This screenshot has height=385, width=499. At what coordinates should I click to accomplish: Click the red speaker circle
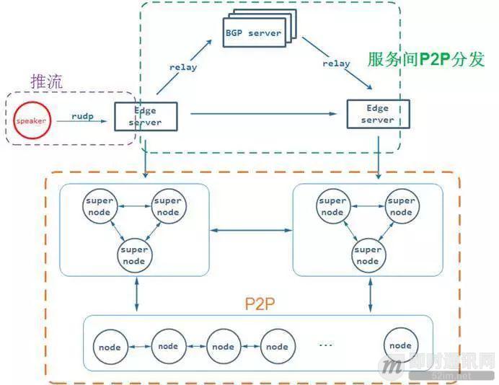click(x=31, y=120)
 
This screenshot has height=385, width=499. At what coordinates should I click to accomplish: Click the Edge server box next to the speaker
click(x=145, y=116)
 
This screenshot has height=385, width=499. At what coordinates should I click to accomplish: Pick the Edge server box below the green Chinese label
click(x=378, y=114)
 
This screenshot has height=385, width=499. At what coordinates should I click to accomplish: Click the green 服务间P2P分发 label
click(x=421, y=58)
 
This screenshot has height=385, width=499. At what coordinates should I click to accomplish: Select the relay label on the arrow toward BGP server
click(x=183, y=67)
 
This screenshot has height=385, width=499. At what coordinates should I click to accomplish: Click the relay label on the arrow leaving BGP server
click(x=336, y=63)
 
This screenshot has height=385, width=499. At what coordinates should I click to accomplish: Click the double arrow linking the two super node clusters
click(x=250, y=231)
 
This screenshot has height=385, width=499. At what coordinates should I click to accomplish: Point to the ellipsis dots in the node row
click(x=326, y=345)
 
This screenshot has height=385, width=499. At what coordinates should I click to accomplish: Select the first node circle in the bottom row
click(x=110, y=347)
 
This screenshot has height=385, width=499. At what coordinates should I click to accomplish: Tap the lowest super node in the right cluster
click(x=368, y=255)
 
